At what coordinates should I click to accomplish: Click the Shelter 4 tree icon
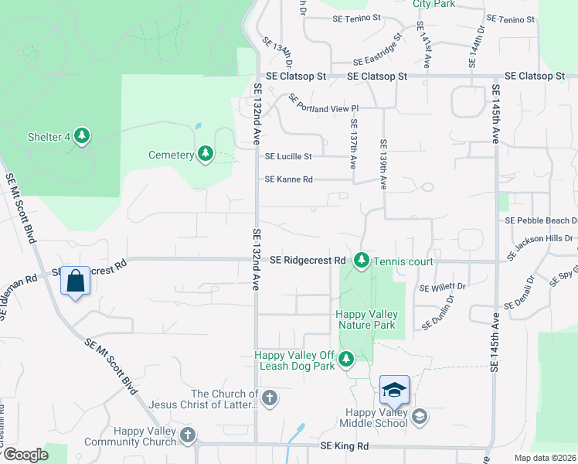[81, 138]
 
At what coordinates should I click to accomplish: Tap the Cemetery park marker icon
[205, 155]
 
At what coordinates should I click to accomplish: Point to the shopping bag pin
[76, 281]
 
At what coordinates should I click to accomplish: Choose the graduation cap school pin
[394, 390]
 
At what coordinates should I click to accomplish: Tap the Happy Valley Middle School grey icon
[419, 418]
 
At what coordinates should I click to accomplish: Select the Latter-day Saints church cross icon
[269, 399]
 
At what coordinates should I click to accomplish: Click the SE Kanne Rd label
[288, 179]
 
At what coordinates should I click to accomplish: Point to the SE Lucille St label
[288, 156]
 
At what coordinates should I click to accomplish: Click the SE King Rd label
[344, 447]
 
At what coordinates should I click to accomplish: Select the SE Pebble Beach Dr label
[540, 220]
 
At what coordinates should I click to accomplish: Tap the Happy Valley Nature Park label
[366, 319]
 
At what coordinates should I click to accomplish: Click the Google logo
[25, 455]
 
